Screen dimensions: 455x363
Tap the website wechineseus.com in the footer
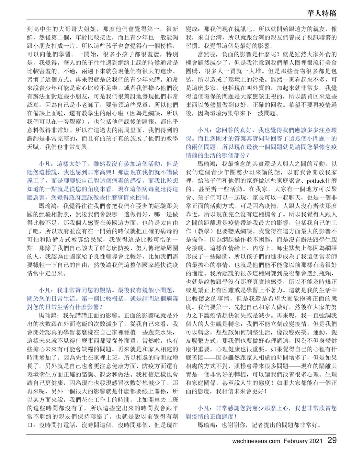point(256,441)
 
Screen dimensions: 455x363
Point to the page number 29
point(332,440)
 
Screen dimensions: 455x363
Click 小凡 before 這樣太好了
point(44,164)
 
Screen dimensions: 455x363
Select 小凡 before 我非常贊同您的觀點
point(44,290)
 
